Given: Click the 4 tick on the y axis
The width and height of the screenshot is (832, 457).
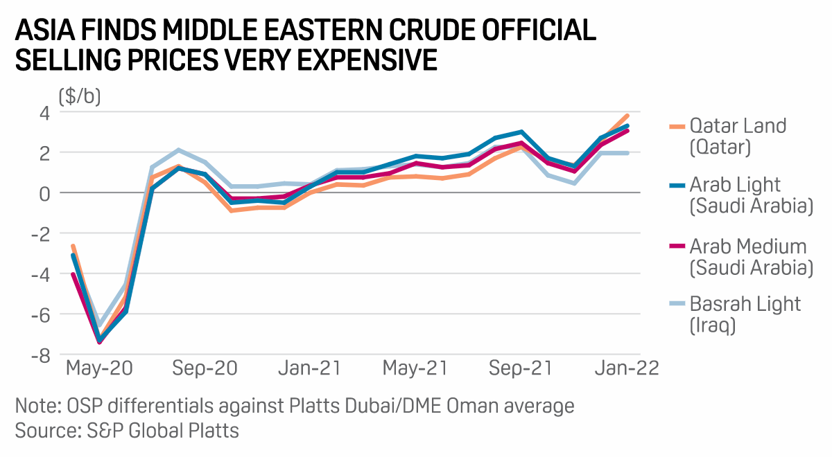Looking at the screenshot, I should [x=44, y=112].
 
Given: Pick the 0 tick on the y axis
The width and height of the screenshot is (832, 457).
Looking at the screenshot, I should [x=44, y=193].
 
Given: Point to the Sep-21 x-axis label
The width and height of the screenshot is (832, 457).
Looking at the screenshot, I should [x=521, y=368].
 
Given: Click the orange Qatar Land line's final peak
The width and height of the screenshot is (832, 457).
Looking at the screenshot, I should [x=627, y=116].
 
